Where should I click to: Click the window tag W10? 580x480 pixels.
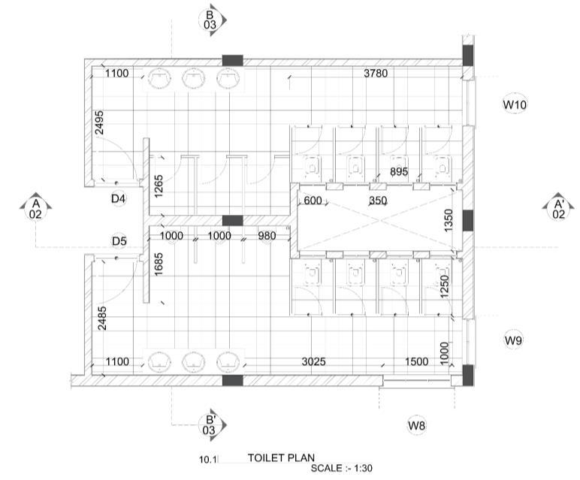(515, 105)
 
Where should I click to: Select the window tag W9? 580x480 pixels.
(514, 341)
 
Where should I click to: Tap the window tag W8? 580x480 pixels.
(417, 426)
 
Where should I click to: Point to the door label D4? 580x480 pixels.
(118, 198)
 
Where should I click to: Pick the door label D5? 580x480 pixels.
(118, 241)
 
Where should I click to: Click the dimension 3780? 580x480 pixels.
(377, 74)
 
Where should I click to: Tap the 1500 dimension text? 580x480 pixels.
(418, 362)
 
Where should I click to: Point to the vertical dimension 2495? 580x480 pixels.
(99, 122)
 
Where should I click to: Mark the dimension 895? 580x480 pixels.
(399, 172)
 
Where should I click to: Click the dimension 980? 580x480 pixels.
(266, 236)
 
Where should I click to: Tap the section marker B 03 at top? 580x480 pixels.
(210, 20)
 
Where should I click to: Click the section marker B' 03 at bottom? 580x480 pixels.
(210, 424)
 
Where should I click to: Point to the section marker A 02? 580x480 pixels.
(35, 208)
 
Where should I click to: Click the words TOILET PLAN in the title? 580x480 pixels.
(282, 457)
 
